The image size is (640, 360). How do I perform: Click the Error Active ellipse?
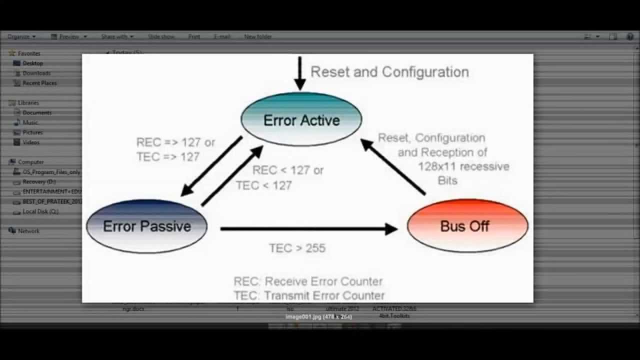point(301,120)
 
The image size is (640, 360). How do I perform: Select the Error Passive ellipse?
point(146,226)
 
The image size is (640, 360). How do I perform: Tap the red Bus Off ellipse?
point(467,226)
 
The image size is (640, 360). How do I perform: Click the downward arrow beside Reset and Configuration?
point(299,73)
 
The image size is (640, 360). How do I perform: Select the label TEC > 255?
point(297,248)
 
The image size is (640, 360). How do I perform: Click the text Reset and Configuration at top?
point(389,72)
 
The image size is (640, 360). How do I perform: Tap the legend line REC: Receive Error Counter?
point(308,281)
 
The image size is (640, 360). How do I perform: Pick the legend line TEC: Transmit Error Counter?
point(309,295)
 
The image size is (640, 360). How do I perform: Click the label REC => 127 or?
point(175,142)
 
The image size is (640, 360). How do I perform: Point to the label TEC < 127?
point(264,185)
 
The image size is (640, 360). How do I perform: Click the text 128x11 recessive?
point(463,166)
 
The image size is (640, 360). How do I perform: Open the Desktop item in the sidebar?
point(32,63)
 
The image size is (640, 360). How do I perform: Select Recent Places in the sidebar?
point(39,83)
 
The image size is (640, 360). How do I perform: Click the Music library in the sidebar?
point(30,122)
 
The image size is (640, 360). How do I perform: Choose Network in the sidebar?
point(28,231)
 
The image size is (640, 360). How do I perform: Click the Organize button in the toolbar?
point(21,36)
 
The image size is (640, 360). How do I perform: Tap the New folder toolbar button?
point(258,36)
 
